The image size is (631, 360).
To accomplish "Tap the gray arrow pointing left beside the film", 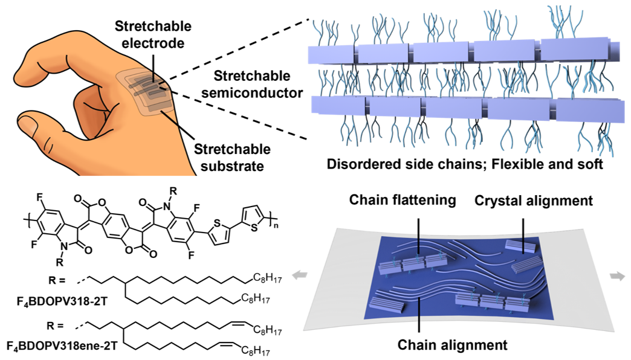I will (x=296, y=275).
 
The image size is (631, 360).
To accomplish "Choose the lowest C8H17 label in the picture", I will (x=259, y=350).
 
